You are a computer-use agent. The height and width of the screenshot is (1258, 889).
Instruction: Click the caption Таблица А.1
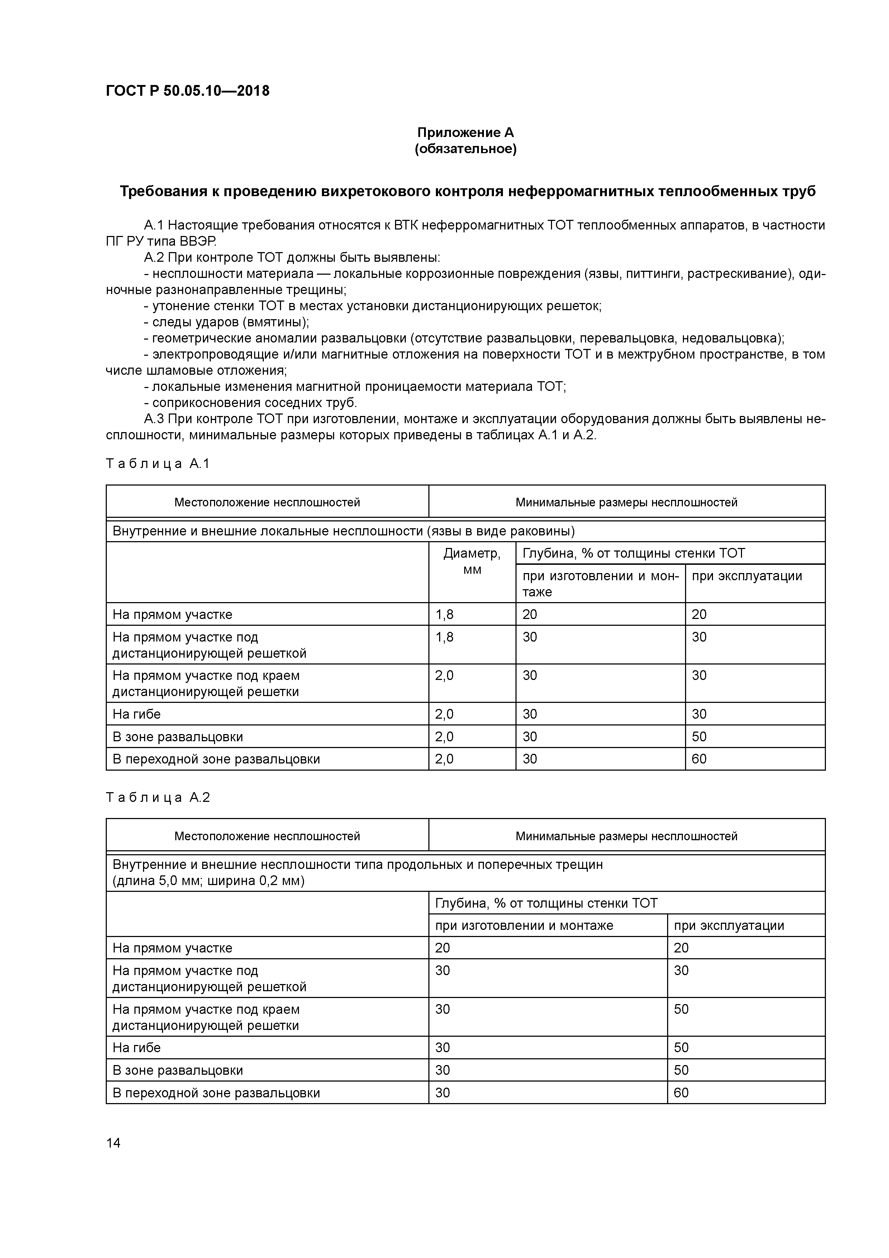[x=158, y=464]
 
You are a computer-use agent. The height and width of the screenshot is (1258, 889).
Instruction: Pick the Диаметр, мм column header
[x=472, y=561]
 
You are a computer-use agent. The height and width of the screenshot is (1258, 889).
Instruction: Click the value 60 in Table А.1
[x=699, y=759]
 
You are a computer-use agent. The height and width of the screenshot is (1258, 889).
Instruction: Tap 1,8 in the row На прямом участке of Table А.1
[x=444, y=614]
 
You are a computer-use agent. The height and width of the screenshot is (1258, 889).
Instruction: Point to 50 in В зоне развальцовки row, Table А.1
[x=699, y=736]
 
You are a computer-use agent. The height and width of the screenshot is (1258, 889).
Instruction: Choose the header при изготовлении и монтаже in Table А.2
[x=524, y=926]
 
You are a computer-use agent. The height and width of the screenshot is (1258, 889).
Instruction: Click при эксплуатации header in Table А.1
[x=747, y=576]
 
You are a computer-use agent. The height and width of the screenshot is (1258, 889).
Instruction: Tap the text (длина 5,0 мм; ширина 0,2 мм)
[x=208, y=881]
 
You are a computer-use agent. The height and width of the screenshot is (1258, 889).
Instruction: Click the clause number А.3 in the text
[x=154, y=419]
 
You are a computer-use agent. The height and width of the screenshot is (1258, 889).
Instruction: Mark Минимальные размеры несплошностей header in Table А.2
[x=626, y=836]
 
